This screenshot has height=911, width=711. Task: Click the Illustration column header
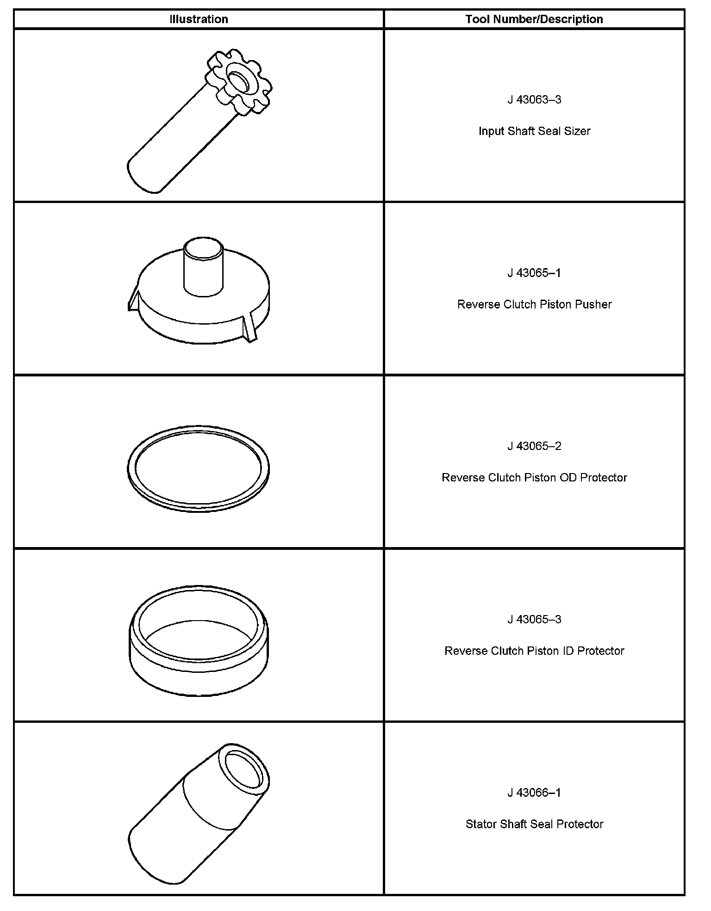pyautogui.click(x=199, y=19)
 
